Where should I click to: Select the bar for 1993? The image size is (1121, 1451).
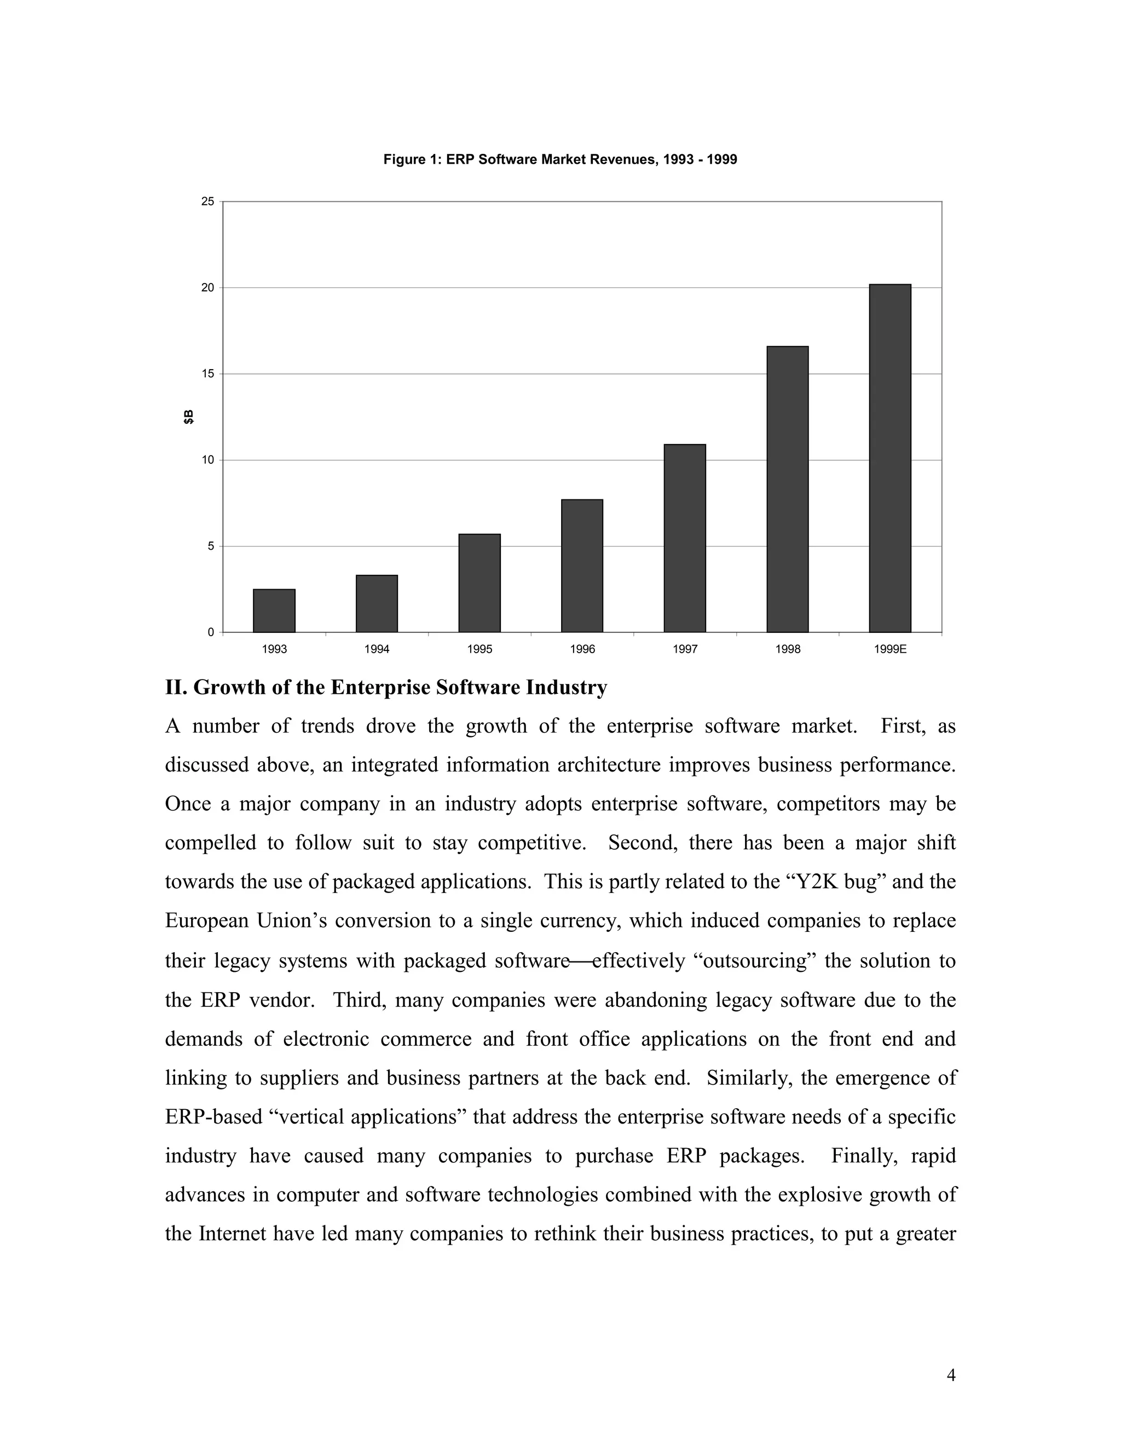[x=274, y=611]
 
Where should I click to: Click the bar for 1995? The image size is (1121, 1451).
[x=479, y=583]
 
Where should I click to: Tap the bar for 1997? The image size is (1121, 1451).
[x=685, y=538]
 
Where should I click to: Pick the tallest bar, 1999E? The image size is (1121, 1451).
[x=890, y=458]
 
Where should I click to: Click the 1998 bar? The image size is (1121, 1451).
[x=788, y=489]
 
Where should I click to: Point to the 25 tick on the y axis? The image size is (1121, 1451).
[x=208, y=201]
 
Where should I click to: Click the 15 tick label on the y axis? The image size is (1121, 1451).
[x=208, y=374]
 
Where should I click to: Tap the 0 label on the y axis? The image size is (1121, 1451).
[x=211, y=632]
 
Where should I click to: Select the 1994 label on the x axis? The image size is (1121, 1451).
[x=377, y=649]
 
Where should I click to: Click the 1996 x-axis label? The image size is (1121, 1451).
[x=582, y=649]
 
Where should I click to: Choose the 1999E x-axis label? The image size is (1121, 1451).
[x=890, y=649]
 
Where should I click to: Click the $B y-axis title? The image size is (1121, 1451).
[x=189, y=417]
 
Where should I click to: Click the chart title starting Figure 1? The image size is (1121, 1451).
[x=560, y=159]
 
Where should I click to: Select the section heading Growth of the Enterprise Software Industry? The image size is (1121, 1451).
[x=386, y=687]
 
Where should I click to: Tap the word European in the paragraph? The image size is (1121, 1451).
[x=205, y=921]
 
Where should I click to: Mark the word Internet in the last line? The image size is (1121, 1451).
[x=233, y=1234]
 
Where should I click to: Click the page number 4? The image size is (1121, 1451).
[x=950, y=1375]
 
